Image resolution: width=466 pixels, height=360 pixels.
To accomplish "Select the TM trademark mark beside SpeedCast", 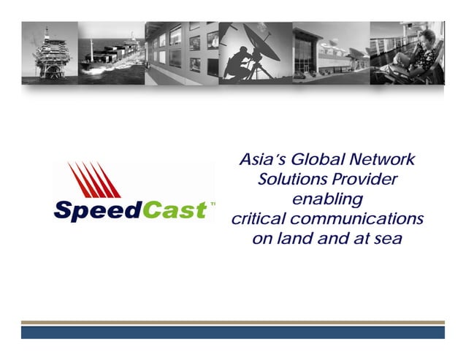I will coord(213,205).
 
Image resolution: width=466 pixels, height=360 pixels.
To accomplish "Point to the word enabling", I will coord(326,199).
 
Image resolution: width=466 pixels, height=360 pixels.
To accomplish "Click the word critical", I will coord(259,219).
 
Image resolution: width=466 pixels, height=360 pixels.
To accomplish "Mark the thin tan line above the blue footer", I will coord(232,322).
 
